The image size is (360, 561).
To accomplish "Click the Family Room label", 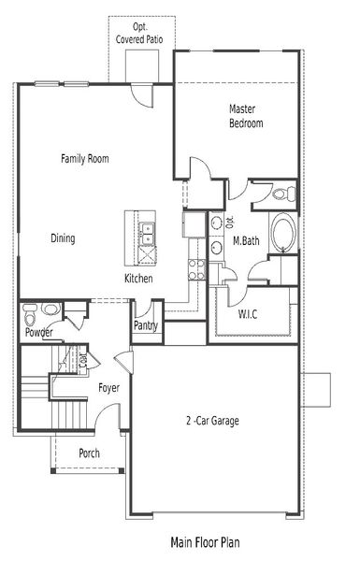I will coord(85,159).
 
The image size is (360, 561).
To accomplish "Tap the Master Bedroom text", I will coord(246,116).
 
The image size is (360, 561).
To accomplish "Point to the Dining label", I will coord(63,238).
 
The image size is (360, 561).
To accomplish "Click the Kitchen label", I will coord(139,279).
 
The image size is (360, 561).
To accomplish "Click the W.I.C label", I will coord(248,312).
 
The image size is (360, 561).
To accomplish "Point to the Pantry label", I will coord(145,326).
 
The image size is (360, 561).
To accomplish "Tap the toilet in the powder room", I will coord(51,309).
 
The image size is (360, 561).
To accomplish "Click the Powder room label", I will coord(38,333).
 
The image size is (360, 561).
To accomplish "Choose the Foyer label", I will coord(108,386).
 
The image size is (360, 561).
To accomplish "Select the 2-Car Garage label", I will coord(211,421).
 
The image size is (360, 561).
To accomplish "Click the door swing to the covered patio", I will coord(139,94).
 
